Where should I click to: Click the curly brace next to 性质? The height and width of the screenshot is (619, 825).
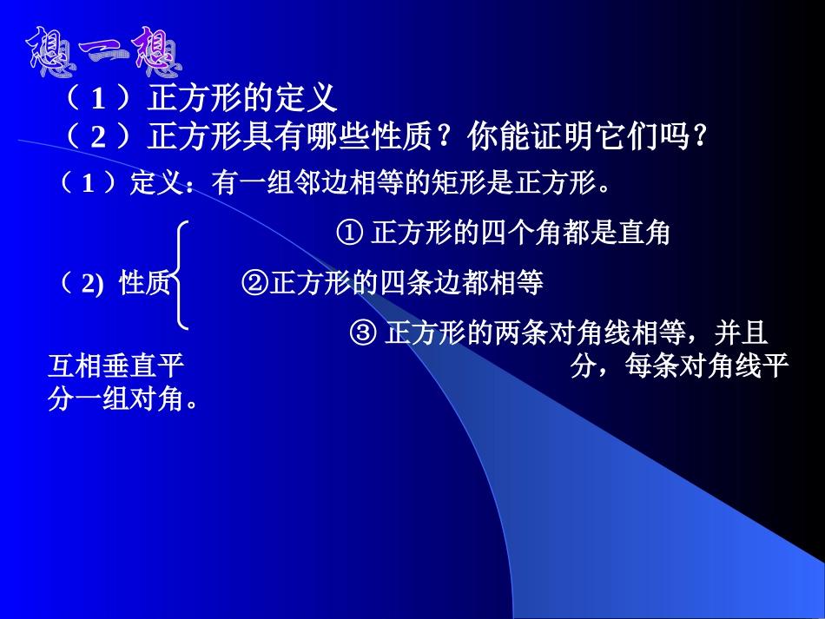[181, 275]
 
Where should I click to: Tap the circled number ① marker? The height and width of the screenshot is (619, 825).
[349, 233]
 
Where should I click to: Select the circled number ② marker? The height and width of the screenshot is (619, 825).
[256, 283]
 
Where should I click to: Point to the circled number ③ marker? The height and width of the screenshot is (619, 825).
[362, 333]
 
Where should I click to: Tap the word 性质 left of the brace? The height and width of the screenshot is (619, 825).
[144, 283]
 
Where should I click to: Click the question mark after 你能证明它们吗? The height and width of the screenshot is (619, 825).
[694, 136]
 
